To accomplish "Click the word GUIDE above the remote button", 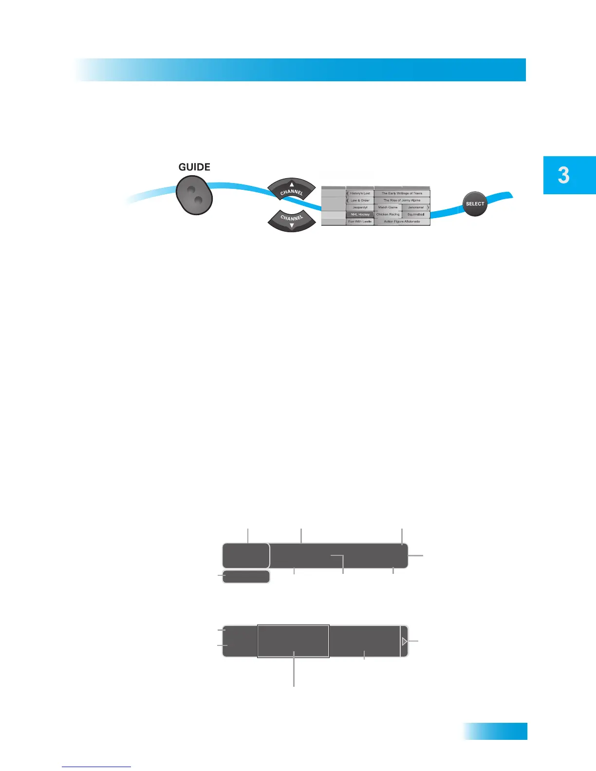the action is click(x=194, y=167).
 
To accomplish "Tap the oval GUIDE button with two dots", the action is click(x=194, y=195).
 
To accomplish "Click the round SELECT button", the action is click(x=475, y=204).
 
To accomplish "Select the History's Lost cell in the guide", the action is click(x=360, y=193).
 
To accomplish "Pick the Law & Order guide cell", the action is click(x=360, y=201).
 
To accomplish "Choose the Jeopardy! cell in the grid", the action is click(x=360, y=207).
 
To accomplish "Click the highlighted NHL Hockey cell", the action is click(x=360, y=215).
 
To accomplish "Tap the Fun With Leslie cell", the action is click(x=360, y=221).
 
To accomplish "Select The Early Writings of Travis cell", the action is click(x=402, y=193).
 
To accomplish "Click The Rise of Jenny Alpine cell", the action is click(x=402, y=201).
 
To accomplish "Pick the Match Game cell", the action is click(x=388, y=207).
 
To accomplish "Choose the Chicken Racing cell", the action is click(x=388, y=215).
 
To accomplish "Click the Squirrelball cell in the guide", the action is click(x=416, y=215).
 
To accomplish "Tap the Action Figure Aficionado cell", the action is click(x=402, y=221).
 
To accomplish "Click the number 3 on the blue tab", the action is click(x=564, y=175).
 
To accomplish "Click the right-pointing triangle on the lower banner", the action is click(x=404, y=642).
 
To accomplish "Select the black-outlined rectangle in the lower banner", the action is click(x=293, y=641).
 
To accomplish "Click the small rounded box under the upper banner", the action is click(x=246, y=577).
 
